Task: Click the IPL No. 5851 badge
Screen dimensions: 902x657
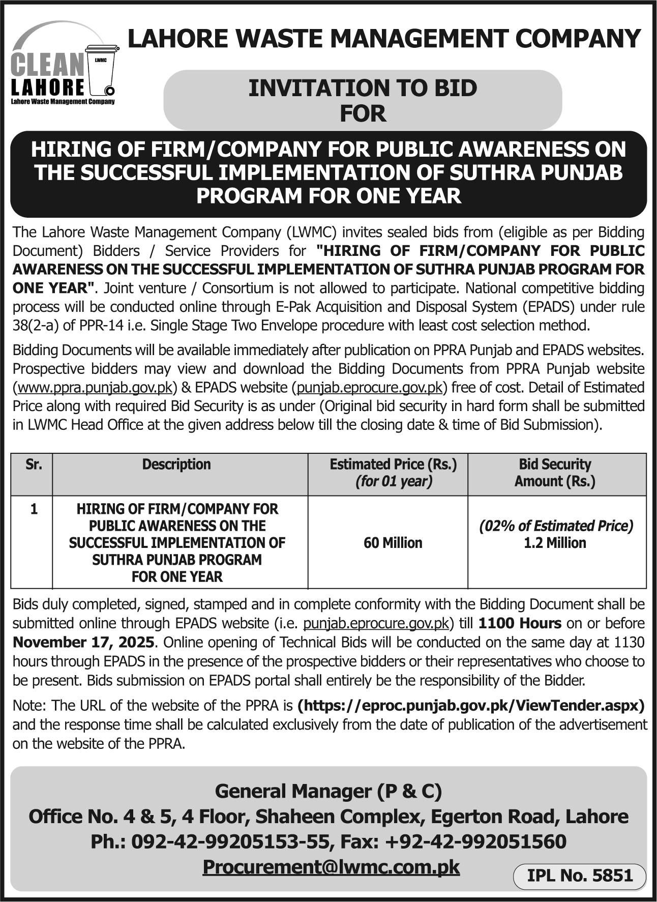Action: (580, 875)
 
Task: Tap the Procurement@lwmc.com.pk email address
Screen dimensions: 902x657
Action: (331, 866)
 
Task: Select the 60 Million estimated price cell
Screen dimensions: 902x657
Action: (393, 543)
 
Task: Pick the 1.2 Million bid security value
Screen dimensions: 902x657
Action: (555, 543)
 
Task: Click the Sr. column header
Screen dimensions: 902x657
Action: (33, 464)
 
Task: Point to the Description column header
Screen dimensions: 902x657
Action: (176, 464)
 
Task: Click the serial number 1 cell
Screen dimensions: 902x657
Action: (34, 509)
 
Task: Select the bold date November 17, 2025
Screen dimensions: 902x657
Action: (83, 642)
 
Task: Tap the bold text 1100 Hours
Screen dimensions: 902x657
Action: (520, 623)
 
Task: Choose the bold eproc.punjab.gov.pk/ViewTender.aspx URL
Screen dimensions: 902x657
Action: (471, 706)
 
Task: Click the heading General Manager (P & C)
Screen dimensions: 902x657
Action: (328, 791)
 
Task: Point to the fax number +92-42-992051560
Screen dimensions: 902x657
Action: (475, 841)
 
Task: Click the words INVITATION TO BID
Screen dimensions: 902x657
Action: (363, 88)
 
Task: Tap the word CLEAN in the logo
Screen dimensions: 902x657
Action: (47, 65)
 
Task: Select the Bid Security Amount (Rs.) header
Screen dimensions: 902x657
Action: (555, 472)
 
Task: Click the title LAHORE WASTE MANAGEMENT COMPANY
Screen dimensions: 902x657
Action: (384, 39)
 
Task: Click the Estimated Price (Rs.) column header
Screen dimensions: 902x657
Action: (393, 464)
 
